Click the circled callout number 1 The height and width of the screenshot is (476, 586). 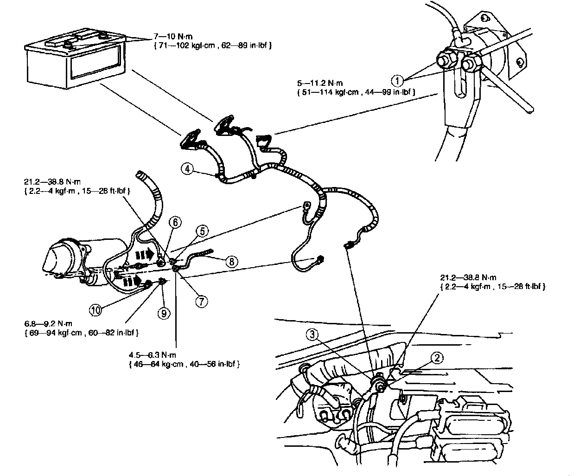(x=397, y=81)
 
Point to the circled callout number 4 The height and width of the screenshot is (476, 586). (x=187, y=169)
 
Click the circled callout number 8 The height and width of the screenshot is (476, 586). (x=231, y=261)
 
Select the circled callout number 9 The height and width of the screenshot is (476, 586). (x=163, y=313)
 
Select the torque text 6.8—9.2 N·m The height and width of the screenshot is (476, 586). (x=46, y=323)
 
